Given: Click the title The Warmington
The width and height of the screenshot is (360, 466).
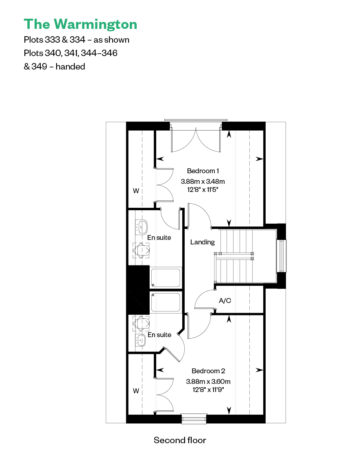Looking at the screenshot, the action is click(x=81, y=24).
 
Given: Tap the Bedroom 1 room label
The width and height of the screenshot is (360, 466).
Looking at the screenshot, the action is click(x=203, y=171).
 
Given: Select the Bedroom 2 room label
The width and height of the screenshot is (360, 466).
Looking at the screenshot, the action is click(x=208, y=371).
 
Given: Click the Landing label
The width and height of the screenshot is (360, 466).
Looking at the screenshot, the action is click(x=203, y=242).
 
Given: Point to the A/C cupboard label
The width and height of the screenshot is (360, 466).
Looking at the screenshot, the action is click(x=225, y=301).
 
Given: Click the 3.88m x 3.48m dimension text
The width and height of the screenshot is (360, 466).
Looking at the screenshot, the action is click(x=203, y=181).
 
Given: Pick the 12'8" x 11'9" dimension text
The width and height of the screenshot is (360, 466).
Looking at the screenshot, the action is click(x=208, y=390).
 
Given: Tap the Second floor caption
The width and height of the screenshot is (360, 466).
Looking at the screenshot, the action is click(x=180, y=440).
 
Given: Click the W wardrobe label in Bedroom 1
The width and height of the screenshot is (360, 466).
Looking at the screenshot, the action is click(x=136, y=191).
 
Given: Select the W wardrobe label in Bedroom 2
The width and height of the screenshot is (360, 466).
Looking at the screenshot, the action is click(x=136, y=391).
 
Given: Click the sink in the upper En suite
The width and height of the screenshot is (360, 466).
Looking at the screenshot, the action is click(x=142, y=227).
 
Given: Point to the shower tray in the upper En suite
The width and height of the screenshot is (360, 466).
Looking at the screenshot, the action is click(x=166, y=278).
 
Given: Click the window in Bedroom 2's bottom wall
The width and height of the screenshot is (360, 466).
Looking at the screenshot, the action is click(x=194, y=419).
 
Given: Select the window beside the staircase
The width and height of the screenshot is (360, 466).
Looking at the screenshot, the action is click(x=281, y=256).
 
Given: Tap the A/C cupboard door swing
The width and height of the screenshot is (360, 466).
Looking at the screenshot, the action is click(x=203, y=300).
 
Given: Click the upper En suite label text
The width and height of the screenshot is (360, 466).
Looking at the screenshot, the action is click(x=159, y=238).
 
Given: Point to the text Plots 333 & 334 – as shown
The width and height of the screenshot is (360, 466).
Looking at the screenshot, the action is click(x=77, y=40).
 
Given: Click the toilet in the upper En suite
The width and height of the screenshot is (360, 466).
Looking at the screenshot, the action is click(x=141, y=250).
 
